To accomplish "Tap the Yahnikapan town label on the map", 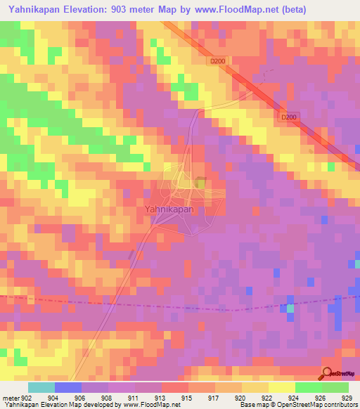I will pos(174,209).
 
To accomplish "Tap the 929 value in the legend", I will pos(346,397).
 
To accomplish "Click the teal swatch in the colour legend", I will pos(41,387).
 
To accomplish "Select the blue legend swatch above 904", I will pos(68,387).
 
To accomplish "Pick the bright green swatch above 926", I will pos(309,387).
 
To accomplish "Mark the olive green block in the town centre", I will pos(200,183).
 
